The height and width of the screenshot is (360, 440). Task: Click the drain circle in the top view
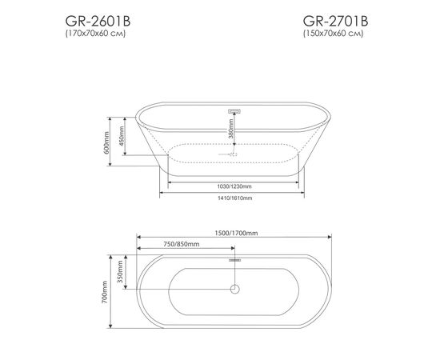[235, 290]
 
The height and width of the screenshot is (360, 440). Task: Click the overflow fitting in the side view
[235, 110]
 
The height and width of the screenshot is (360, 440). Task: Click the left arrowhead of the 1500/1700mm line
[139, 238]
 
